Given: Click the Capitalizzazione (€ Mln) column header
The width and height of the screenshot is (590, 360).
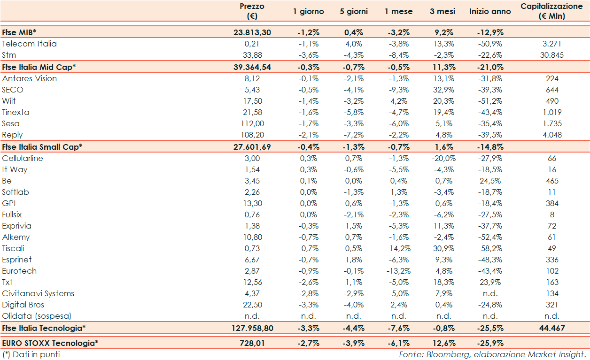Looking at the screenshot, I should [552, 11].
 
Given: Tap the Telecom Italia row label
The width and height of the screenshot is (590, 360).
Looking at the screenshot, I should [29, 44].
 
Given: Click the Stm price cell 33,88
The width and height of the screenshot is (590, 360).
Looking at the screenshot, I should [252, 55].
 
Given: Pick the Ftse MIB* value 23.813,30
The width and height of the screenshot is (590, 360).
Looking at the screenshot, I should [252, 32].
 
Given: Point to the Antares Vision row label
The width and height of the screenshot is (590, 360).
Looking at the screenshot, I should [29, 78].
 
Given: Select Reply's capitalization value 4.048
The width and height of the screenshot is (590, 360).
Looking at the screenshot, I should [552, 135].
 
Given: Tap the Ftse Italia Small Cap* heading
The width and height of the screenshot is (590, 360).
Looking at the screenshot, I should [42, 146].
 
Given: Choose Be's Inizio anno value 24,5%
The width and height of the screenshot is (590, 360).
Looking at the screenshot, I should [490, 181].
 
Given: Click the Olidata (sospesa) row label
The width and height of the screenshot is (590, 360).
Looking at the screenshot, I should [37, 316].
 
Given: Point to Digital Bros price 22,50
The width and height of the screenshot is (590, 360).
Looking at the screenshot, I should [252, 305].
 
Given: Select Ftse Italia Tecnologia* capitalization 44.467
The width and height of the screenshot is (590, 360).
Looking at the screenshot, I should [552, 328].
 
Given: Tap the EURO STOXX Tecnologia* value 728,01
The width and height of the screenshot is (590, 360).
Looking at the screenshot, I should [252, 343].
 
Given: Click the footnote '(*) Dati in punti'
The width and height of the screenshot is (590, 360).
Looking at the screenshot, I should [31, 354].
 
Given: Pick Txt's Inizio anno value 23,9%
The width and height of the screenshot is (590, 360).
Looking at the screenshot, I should [490, 282].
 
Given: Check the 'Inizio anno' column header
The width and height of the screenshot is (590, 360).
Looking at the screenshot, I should [490, 11].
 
